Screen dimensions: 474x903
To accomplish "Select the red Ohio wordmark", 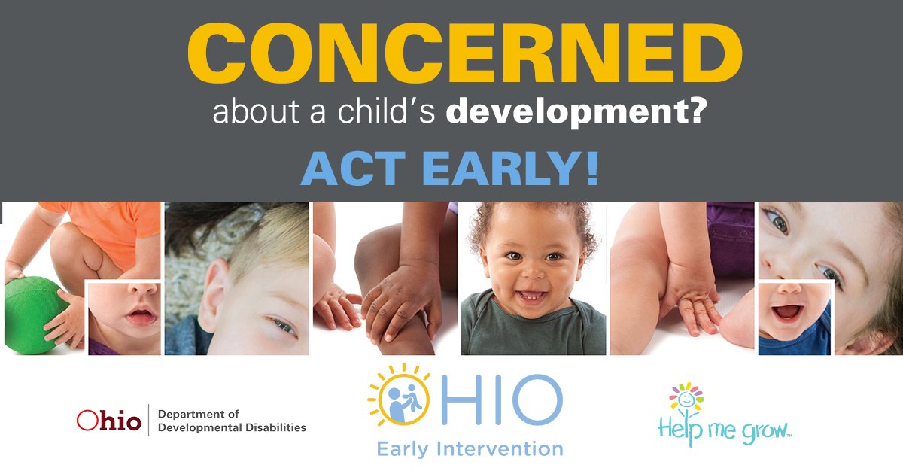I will click(x=108, y=421).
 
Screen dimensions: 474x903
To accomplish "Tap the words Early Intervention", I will click(x=470, y=449).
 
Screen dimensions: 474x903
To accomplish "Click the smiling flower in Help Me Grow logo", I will click(x=685, y=399).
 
